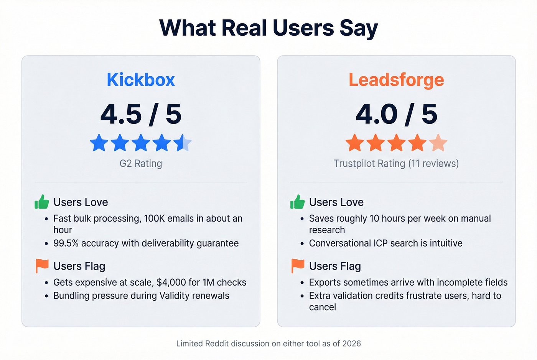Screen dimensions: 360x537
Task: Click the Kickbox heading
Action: (141, 80)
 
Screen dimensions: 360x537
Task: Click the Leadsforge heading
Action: (396, 80)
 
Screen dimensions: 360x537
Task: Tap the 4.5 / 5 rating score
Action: (141, 114)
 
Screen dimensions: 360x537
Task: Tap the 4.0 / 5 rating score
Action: (396, 114)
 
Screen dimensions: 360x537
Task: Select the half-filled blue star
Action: (183, 143)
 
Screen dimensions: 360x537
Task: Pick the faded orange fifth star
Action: (438, 143)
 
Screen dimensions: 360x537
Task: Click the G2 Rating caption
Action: (141, 163)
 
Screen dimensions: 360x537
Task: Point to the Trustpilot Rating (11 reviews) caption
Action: (396, 163)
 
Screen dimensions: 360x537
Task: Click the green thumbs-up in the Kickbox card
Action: (42, 202)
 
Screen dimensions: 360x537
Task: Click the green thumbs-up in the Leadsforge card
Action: (297, 202)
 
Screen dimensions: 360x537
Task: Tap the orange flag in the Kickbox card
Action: (42, 265)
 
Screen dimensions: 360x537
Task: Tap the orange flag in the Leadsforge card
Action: (297, 265)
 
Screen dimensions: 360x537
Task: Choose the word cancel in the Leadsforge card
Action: (322, 307)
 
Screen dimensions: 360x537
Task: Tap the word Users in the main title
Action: (303, 28)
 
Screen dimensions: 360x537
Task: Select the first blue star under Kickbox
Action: (99, 143)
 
